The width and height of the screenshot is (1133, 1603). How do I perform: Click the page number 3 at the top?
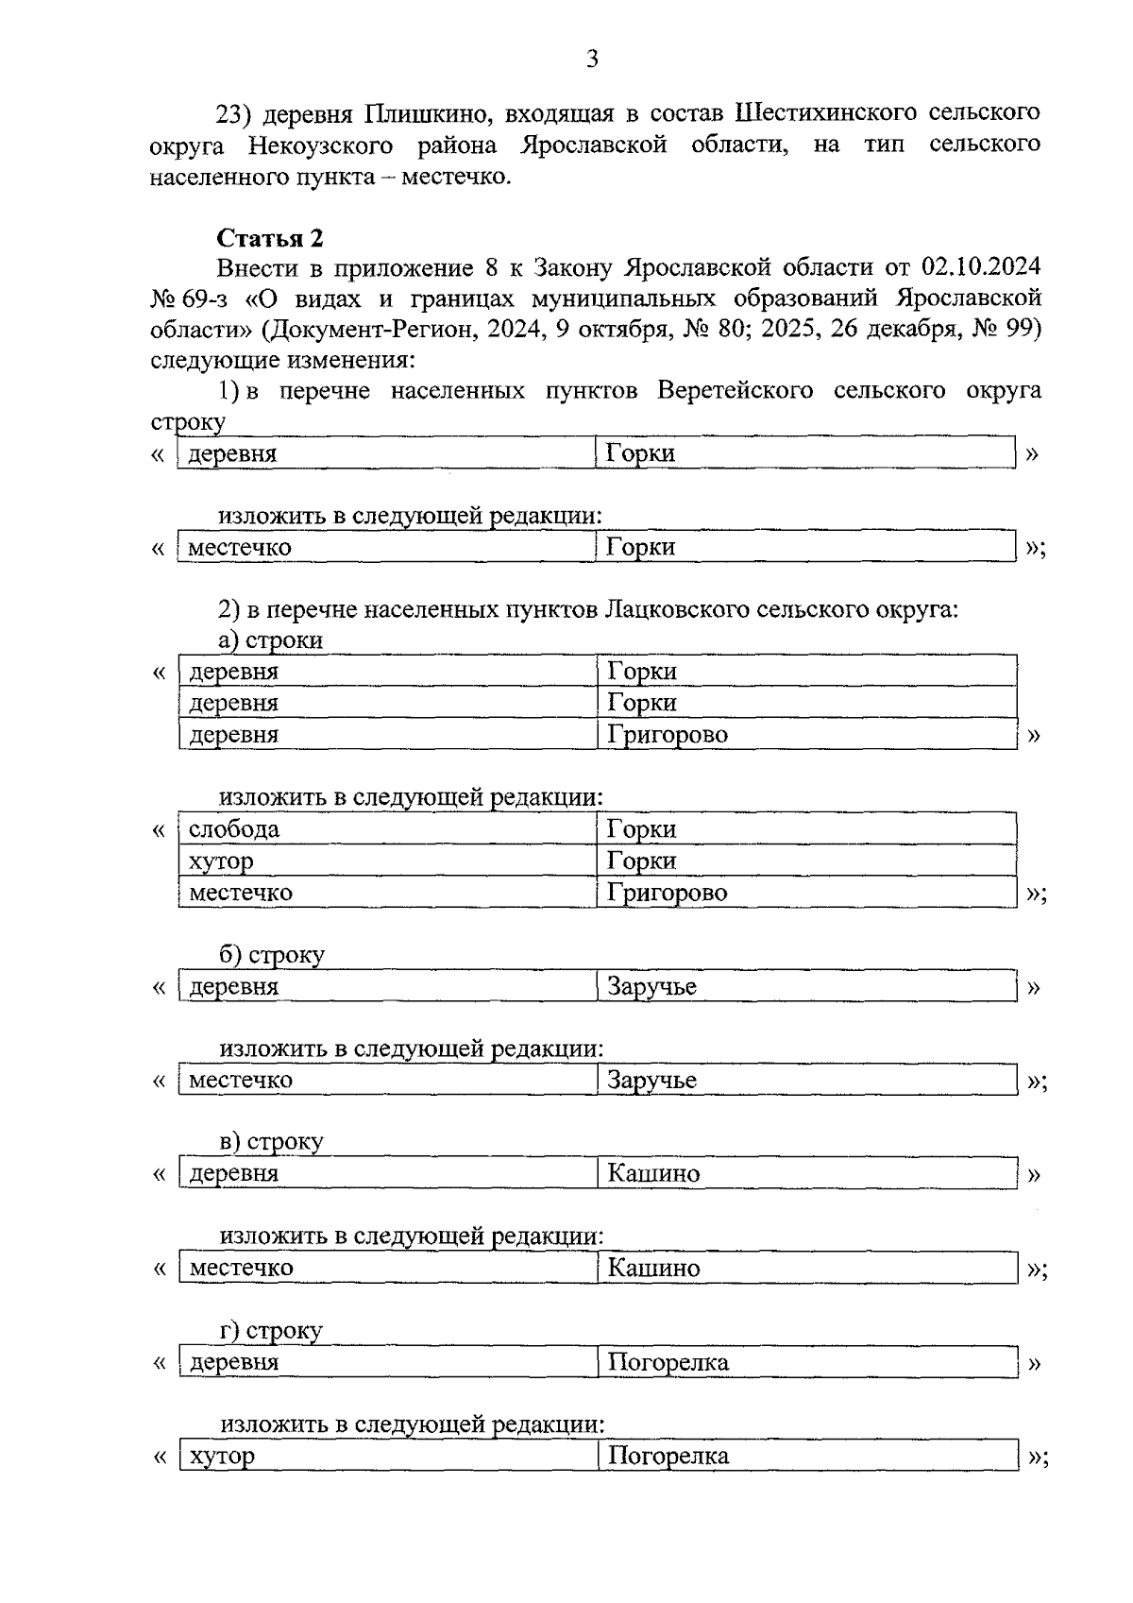click(592, 60)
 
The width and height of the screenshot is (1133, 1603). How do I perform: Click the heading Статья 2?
click(270, 237)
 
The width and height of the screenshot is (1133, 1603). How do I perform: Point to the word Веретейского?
click(736, 391)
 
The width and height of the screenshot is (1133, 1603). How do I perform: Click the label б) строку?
click(272, 955)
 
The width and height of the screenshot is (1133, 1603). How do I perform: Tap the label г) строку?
click(271, 1331)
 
